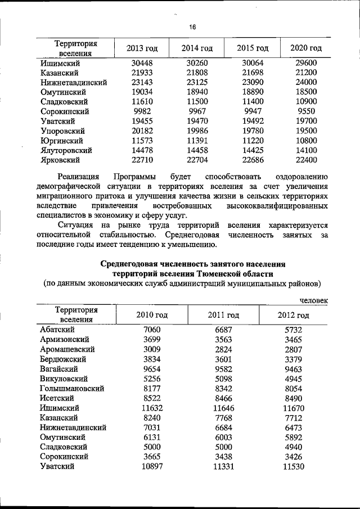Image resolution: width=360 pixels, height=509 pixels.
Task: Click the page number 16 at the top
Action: tap(192, 28)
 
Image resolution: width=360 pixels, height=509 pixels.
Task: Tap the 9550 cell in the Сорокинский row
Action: tap(306, 111)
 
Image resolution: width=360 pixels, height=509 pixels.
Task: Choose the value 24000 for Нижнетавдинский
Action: tap(306, 82)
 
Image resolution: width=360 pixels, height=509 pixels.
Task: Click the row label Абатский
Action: tap(57, 330)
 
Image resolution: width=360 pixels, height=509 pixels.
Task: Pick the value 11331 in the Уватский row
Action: tap(223, 466)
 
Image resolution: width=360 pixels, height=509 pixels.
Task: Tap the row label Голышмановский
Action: tap(72, 388)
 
